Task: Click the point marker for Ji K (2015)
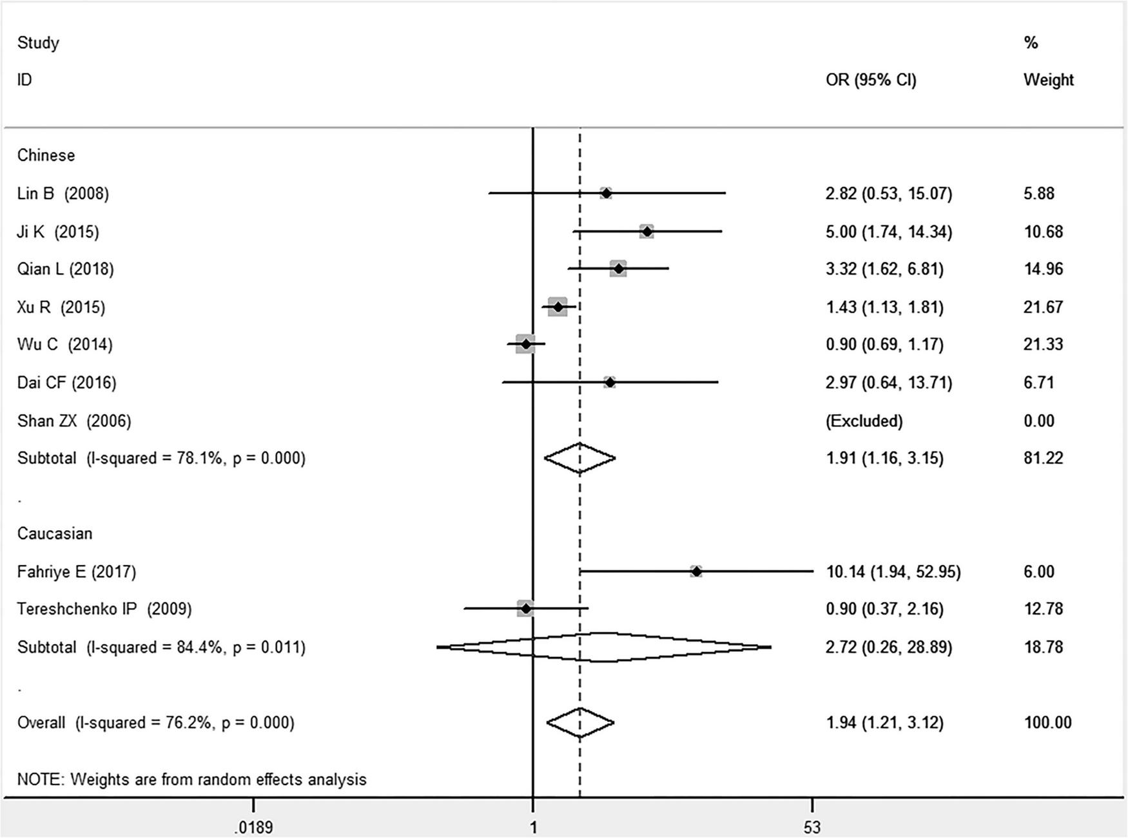tap(647, 231)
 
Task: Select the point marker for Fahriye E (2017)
tap(696, 571)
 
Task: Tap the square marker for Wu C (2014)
tap(525, 345)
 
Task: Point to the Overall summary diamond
tap(580, 723)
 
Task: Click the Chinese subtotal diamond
tap(579, 458)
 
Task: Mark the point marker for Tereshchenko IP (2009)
tap(525, 609)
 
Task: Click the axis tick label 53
tap(812, 827)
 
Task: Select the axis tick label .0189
tap(253, 827)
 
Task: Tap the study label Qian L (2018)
tap(65, 269)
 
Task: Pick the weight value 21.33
tap(1043, 345)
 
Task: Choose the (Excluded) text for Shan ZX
tap(864, 421)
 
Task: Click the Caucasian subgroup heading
tap(55, 533)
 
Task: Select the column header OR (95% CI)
tap(870, 80)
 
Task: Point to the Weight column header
tap(1048, 80)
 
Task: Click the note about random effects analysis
tap(191, 779)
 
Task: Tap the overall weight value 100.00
tap(1047, 723)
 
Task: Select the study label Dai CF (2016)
tap(66, 383)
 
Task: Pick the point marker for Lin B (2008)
tap(606, 193)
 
